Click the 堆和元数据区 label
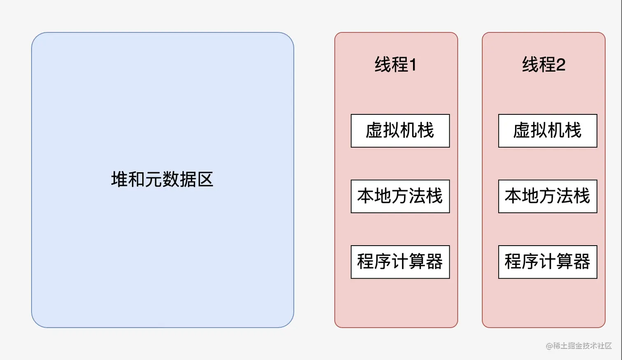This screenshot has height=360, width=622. click(x=162, y=180)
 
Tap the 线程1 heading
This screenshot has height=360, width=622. click(x=395, y=65)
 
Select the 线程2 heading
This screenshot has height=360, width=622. click(x=543, y=65)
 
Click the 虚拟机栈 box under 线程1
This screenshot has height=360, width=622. click(x=400, y=131)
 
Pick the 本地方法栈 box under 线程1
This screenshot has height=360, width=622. click(x=400, y=196)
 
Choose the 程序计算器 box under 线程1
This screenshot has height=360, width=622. click(x=400, y=262)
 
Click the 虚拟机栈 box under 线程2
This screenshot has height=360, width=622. click(x=548, y=131)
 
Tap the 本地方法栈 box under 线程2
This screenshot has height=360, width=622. click(x=548, y=196)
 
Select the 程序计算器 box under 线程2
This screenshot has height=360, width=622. click(x=548, y=262)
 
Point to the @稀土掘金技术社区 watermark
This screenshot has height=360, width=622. click(x=579, y=346)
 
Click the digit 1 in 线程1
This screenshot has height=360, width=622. click(x=413, y=65)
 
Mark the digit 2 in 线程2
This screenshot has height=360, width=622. click(x=560, y=65)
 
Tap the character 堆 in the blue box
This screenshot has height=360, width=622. click(x=119, y=180)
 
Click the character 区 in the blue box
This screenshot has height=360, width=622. click(x=205, y=180)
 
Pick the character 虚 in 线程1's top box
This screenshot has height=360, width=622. click(x=374, y=131)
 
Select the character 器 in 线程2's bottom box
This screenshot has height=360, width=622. click(x=582, y=262)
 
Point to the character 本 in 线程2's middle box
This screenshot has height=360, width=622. click(x=513, y=196)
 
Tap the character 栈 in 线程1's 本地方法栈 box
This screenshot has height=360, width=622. click(x=434, y=196)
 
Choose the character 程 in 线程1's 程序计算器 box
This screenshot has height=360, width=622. click(x=365, y=262)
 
